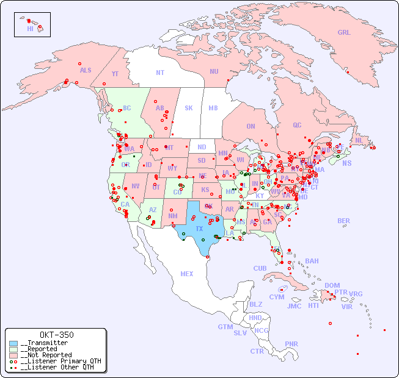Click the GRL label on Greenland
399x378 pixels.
pos(344,32)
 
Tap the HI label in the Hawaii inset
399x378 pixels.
pos(30,29)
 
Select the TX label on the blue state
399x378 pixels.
pos(199,229)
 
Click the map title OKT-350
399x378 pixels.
pos(56,335)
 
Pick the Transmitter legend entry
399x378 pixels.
pos(45,343)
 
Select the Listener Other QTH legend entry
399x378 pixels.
pos(58,367)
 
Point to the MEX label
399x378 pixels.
pos(187,274)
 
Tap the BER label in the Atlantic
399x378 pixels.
pos(344,221)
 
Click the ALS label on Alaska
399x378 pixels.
pos(86,70)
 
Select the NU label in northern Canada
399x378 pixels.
pos(214,71)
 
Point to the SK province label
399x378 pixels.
pos(189,108)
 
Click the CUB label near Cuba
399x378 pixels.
pos(260,268)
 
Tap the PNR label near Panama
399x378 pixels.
pos(291,344)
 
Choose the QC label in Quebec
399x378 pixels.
pos(297,125)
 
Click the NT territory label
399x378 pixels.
pos(160,72)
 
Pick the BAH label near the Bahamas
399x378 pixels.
pos(312,261)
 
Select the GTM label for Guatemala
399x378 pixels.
pos(225,327)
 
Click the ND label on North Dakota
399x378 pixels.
pos(202,147)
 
